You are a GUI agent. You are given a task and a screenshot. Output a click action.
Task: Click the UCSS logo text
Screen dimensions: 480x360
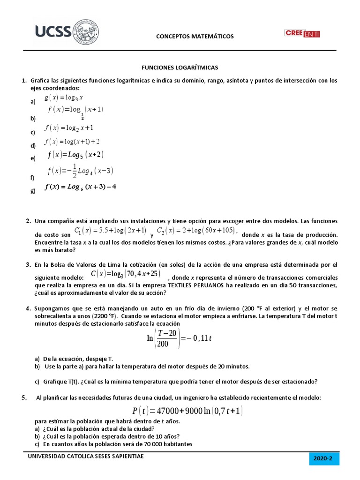tap(52, 31)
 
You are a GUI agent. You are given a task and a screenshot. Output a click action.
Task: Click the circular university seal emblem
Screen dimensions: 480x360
tap(85, 32)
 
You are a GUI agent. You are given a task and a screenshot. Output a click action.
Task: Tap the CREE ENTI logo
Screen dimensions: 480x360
tap(301, 33)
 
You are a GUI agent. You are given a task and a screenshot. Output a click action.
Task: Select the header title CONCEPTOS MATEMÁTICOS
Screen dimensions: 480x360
tap(194, 37)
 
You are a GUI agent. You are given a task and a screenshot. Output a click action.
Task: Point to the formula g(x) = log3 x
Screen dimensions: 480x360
tap(64, 98)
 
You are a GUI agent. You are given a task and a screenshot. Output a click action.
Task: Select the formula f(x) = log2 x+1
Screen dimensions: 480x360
tap(69, 128)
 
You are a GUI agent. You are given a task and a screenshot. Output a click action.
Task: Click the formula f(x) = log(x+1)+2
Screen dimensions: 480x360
tap(72, 142)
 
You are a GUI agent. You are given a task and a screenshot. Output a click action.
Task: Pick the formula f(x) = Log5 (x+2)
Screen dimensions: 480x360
tap(75, 155)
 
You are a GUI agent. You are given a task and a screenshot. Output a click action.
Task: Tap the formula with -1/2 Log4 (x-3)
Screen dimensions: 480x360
tap(80, 172)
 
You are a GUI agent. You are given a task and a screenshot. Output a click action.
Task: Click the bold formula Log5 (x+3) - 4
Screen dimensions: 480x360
tap(80, 187)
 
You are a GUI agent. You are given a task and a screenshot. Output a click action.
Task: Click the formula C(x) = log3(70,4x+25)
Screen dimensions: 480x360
tap(125, 274)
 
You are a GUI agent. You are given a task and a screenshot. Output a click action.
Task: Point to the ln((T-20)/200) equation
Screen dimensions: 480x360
tap(180, 338)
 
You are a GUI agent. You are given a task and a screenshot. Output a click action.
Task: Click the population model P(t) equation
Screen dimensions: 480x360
tap(187, 411)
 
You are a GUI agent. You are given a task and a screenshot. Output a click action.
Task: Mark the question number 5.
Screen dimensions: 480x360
tap(24, 398)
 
